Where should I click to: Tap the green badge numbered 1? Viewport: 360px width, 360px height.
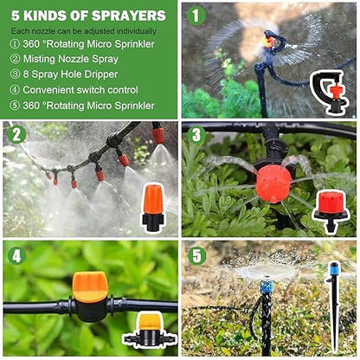click(x=196, y=16)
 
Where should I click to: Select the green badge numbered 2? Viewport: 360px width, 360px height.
click(x=16, y=135)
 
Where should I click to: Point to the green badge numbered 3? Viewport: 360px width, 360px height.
click(x=196, y=135)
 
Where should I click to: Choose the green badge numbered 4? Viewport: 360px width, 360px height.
click(x=16, y=256)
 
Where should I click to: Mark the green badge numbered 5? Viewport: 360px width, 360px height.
click(x=196, y=256)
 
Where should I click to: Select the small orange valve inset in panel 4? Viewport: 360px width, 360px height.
click(x=149, y=328)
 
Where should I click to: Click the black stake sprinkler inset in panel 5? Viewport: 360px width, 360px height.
click(x=333, y=307)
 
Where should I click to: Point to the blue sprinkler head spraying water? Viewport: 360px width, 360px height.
click(x=266, y=286)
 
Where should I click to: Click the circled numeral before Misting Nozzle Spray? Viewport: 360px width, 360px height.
click(x=15, y=58)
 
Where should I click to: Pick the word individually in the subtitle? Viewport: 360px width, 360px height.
click(x=136, y=31)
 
